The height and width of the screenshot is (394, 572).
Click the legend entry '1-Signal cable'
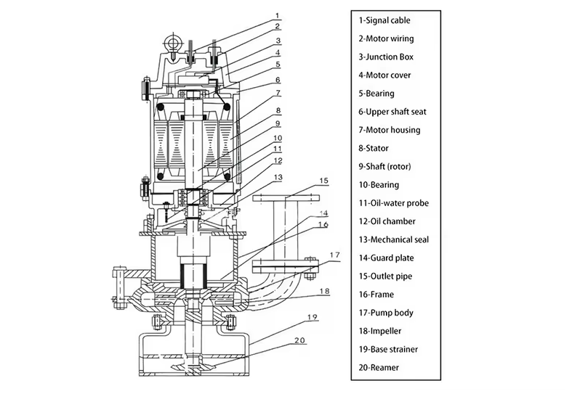click(x=384, y=20)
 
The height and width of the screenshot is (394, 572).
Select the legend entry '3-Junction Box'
click(x=386, y=57)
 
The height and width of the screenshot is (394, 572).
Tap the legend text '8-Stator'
click(x=373, y=148)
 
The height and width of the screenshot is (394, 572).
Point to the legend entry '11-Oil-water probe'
click(x=394, y=203)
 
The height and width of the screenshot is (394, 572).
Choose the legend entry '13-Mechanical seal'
click(x=394, y=239)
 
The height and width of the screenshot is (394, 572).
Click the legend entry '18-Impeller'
click(x=379, y=331)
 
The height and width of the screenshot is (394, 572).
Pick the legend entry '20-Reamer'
click(x=379, y=367)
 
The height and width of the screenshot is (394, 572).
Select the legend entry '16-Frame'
click(x=376, y=294)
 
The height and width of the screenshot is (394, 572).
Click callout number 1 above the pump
click(x=277, y=16)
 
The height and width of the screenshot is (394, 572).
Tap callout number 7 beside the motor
click(x=278, y=93)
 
